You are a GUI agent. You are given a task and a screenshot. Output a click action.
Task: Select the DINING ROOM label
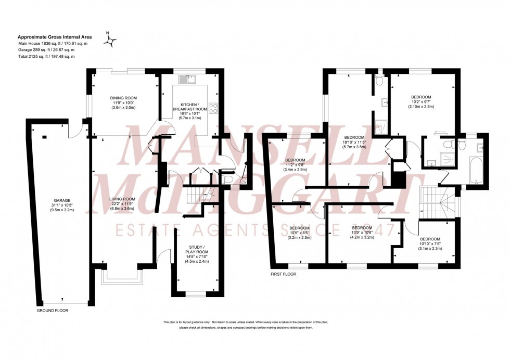123,98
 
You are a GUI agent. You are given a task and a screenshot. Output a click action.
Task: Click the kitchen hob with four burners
213,108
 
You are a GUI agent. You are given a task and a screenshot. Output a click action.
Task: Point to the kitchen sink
185,80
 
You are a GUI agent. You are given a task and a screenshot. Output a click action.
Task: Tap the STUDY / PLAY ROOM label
197,249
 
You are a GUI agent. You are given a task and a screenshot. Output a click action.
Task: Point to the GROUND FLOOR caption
53,311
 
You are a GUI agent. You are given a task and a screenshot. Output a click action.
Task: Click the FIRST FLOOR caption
283,273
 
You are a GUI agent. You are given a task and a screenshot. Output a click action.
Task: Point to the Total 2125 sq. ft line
46,56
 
